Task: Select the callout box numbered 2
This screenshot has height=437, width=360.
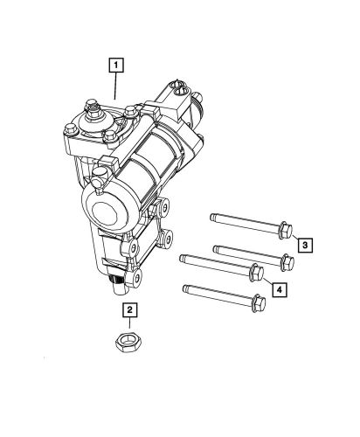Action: click(x=129, y=309)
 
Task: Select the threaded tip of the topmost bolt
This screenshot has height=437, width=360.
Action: click(x=212, y=215)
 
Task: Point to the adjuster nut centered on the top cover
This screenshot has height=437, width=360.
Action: click(x=90, y=114)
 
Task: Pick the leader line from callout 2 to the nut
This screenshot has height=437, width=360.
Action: click(x=129, y=323)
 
